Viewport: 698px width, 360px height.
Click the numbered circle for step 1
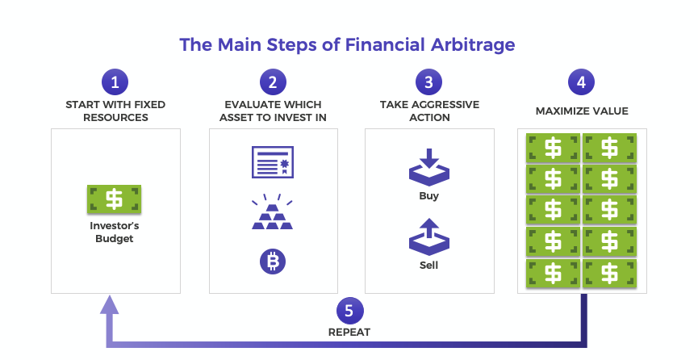click(115, 82)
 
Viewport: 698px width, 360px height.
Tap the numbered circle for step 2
click(274, 82)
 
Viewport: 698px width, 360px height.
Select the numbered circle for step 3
click(429, 82)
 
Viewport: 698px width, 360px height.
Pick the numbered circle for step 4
click(581, 82)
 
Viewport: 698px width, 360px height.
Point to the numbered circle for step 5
click(349, 311)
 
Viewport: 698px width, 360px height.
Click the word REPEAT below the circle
click(349, 332)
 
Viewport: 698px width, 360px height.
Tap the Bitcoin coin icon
click(273, 262)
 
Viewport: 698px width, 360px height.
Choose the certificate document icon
click(273, 163)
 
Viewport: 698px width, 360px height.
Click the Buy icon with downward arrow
click(429, 165)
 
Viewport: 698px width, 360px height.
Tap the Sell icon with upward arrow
click(429, 235)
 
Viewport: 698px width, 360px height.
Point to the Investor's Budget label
click(115, 232)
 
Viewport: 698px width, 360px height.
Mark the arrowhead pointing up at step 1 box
click(110, 304)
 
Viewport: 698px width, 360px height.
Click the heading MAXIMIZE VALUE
click(581, 111)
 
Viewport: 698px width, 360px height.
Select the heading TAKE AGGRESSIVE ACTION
click(429, 111)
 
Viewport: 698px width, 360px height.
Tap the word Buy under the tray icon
click(429, 195)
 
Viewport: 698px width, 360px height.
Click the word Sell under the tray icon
click(429, 265)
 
